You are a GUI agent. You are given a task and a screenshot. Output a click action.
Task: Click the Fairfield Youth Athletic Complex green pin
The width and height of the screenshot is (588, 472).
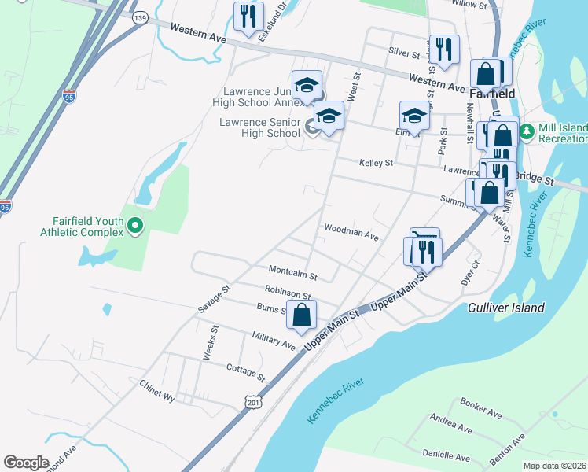135,227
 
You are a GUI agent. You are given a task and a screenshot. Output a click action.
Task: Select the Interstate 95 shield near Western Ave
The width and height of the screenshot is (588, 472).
69,97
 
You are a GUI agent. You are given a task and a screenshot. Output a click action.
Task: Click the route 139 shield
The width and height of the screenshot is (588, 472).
140,17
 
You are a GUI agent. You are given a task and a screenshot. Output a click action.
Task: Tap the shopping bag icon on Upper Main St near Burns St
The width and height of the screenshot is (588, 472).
302,315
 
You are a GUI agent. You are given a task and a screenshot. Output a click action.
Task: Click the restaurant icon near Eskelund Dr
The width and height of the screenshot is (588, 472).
249,17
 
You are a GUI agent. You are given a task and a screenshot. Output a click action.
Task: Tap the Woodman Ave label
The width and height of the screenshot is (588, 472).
351,233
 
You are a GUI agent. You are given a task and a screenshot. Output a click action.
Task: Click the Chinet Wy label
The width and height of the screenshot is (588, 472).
156,389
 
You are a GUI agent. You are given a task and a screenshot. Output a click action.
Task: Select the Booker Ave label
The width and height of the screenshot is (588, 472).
480,407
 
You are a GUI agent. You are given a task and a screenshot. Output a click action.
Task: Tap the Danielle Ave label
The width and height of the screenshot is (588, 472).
446,455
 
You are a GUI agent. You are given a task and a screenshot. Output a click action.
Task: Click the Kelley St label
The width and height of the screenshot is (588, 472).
376,163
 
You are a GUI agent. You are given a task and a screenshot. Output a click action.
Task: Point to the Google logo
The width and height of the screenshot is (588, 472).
26,463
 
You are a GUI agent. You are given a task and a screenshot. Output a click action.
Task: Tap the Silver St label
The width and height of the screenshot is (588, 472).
405,51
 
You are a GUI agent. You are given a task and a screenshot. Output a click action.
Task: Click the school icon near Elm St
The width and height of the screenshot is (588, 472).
413,116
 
